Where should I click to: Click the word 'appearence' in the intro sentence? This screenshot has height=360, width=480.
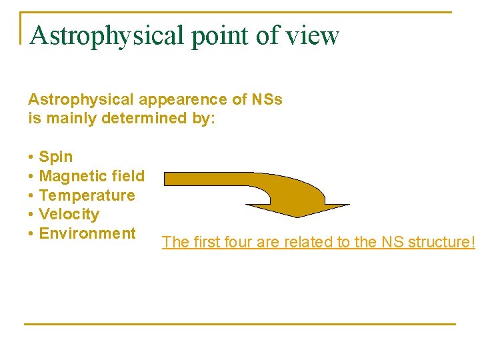[x=173, y=100]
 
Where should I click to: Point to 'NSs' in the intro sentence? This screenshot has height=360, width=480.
[x=267, y=100]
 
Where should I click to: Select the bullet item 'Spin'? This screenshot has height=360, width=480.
[x=56, y=157]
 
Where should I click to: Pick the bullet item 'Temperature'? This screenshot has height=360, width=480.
[x=87, y=195]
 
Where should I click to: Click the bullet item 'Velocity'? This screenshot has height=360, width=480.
[x=69, y=214]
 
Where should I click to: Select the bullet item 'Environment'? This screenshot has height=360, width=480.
[x=87, y=233]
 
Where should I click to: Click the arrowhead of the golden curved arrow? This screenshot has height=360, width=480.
[x=313, y=211]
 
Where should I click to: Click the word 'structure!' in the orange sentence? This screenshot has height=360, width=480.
[x=443, y=242]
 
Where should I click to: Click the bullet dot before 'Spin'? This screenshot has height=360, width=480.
[x=31, y=158]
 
